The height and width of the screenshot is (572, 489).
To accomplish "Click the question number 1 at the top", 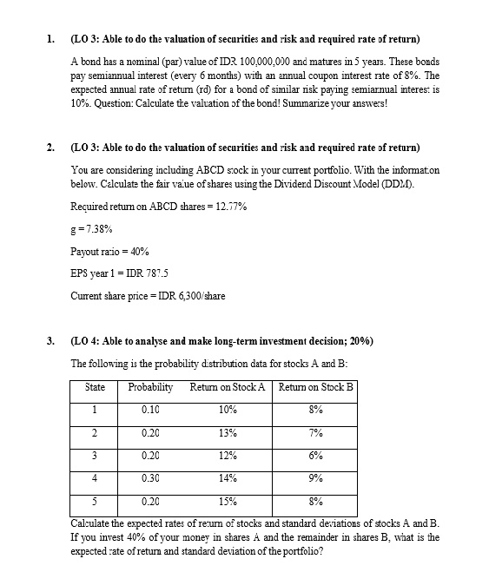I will pos(51,40).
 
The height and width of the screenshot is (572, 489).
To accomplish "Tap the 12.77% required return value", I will pos(228,207).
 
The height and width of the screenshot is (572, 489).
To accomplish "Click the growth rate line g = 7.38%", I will pos(91,229).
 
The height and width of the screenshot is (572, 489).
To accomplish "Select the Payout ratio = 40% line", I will pos(109,251).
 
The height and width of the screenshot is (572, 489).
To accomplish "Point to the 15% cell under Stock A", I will pos(228,502).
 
